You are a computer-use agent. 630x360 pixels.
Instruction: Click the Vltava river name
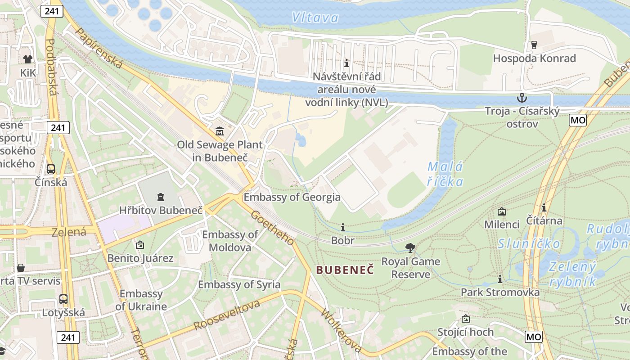(315, 18)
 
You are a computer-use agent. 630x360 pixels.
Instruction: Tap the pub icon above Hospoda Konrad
(534, 45)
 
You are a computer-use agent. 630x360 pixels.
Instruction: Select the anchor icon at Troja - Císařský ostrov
(522, 97)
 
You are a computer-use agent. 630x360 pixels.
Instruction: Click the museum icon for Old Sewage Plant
(220, 131)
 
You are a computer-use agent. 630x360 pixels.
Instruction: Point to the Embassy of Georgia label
(292, 197)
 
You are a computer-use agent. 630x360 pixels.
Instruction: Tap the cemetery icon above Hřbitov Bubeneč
(161, 197)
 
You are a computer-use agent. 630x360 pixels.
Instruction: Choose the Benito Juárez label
(140, 258)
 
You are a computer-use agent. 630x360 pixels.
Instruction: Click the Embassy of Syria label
(239, 284)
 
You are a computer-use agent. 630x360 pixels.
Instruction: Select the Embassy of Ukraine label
(141, 300)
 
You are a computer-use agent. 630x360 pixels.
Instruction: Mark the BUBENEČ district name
(345, 270)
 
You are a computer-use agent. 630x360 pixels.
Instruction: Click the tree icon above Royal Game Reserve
(410, 247)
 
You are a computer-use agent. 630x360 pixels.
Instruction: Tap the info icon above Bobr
(343, 227)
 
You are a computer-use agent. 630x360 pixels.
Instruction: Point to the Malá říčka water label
(445, 174)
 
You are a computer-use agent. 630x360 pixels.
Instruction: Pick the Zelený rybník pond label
(572, 274)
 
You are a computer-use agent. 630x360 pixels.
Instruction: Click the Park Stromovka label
(500, 292)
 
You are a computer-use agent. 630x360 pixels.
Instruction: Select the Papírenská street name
(99, 49)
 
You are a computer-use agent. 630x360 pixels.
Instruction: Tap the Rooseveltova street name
(227, 315)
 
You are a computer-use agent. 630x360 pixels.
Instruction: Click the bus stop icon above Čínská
(51, 169)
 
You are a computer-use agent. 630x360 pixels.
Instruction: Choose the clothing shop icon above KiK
(28, 59)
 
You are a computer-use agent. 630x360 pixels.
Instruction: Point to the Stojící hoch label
(466, 332)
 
